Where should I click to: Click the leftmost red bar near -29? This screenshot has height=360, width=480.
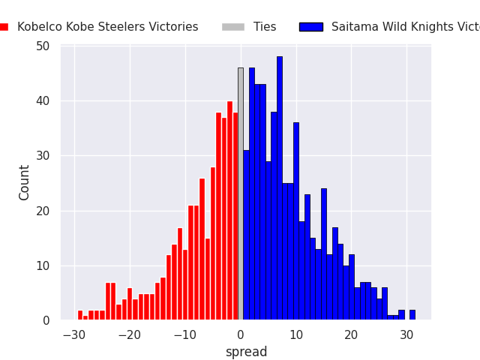pyautogui.click(x=80, y=315)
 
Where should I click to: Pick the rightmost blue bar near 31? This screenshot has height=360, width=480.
pyautogui.click(x=412, y=315)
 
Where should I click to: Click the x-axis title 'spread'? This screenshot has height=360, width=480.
pyautogui.click(x=246, y=352)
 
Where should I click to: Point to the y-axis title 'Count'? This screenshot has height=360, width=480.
pyautogui.click(x=25, y=182)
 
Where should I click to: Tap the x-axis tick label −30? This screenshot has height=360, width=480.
pyautogui.click(x=74, y=334)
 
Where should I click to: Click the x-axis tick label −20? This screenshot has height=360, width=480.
pyautogui.click(x=130, y=334)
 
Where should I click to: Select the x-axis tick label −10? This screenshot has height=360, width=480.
pyautogui.click(x=185, y=334)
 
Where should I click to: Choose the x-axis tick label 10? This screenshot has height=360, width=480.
pyautogui.click(x=296, y=334)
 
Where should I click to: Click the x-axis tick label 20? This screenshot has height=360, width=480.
pyautogui.click(x=352, y=334)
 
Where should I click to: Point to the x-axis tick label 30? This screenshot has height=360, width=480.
pyautogui.click(x=407, y=334)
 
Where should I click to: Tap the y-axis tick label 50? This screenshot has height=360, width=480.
pyautogui.click(x=43, y=46)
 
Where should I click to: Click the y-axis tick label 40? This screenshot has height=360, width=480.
pyautogui.click(x=43, y=101)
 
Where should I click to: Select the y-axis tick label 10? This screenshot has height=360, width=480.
pyautogui.click(x=43, y=266)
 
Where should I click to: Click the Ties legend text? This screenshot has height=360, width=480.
pyautogui.click(x=265, y=27)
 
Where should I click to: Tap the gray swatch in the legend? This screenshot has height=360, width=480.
pyautogui.click(x=232, y=27)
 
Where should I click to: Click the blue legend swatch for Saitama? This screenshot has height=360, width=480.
pyautogui.click(x=310, y=27)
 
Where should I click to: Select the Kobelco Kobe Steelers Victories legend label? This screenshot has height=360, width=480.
pyautogui.click(x=108, y=27)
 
